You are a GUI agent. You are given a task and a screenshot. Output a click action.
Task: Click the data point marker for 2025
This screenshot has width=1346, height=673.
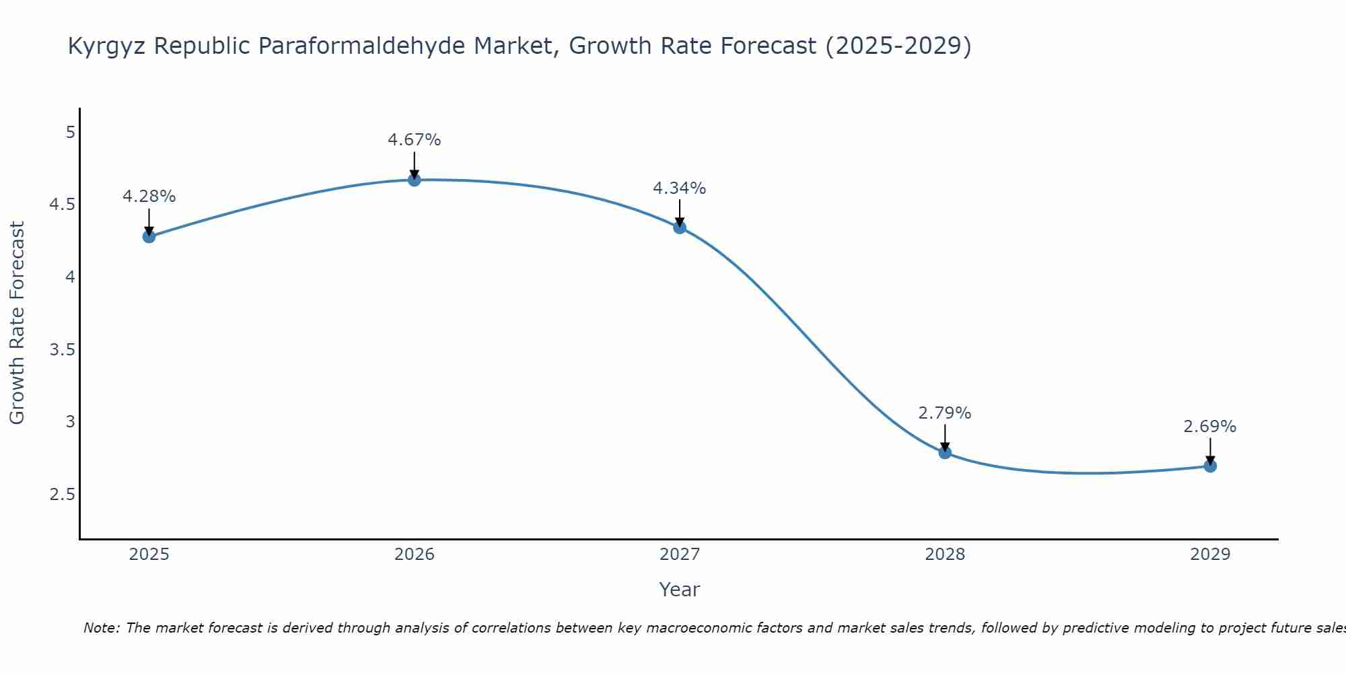[x=149, y=236]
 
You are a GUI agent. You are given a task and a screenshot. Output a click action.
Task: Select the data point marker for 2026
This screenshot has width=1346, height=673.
[x=415, y=180]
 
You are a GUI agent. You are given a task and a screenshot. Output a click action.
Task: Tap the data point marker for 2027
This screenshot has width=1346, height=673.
[x=680, y=227]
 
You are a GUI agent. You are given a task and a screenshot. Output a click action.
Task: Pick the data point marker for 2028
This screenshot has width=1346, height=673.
[x=945, y=452]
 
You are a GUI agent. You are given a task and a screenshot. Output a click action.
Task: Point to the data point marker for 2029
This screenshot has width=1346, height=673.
[x=1210, y=466]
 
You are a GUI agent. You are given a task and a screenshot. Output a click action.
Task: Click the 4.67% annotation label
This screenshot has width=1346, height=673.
[x=415, y=140]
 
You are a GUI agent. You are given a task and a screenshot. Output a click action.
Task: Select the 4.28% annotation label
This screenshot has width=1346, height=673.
[x=149, y=197]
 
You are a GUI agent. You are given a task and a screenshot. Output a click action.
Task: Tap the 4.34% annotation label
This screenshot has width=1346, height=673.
[x=680, y=188]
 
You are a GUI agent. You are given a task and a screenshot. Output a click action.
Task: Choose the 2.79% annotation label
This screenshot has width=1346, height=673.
[x=945, y=413]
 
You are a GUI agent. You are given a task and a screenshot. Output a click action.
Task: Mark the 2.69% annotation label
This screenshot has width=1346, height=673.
[x=1210, y=427]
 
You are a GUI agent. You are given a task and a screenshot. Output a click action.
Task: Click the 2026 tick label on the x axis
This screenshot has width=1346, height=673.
[x=415, y=555]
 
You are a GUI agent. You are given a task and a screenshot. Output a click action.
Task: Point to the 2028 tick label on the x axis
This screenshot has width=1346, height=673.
[x=945, y=555]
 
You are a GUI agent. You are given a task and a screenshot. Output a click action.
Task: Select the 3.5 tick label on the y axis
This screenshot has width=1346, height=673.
[x=62, y=350]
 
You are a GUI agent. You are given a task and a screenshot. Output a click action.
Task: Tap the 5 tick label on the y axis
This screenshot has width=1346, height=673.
[x=70, y=133]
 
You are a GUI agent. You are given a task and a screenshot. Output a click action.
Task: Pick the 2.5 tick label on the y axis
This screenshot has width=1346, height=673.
[x=62, y=495]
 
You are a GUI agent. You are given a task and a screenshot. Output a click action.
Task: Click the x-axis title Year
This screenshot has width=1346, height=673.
[x=680, y=590]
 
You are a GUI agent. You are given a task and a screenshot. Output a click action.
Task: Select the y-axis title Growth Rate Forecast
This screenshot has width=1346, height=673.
[x=17, y=323]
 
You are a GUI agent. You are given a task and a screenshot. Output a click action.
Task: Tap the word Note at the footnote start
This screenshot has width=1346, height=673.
[x=101, y=628]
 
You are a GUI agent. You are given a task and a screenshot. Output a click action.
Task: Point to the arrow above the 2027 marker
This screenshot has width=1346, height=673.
[x=680, y=213]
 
